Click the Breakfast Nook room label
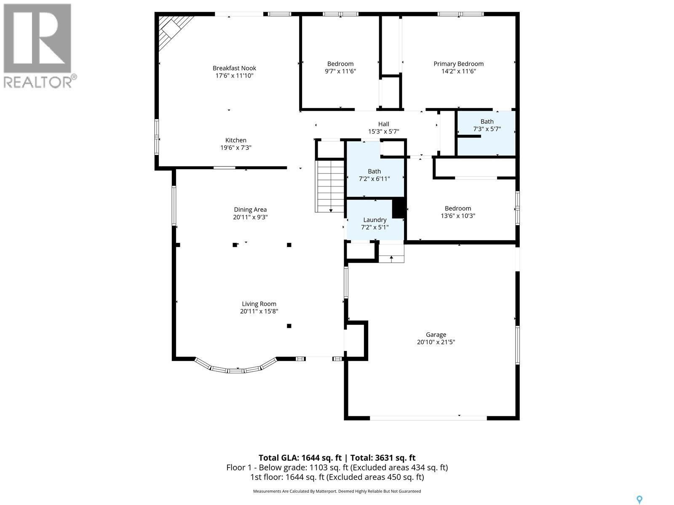[234, 68]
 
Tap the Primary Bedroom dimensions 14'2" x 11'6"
[458, 72]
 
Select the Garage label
[436, 335]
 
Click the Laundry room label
[374, 220]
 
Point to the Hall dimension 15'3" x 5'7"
[383, 132]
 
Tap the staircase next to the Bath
[331, 186]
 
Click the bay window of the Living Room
[236, 367]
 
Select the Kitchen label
[235, 140]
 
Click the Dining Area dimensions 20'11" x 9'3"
[250, 218]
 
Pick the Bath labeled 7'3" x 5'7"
[487, 125]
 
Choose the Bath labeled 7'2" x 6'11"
[374, 175]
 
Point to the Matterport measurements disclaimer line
[337, 491]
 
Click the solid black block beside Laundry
[399, 208]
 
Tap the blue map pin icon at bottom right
[639, 500]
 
